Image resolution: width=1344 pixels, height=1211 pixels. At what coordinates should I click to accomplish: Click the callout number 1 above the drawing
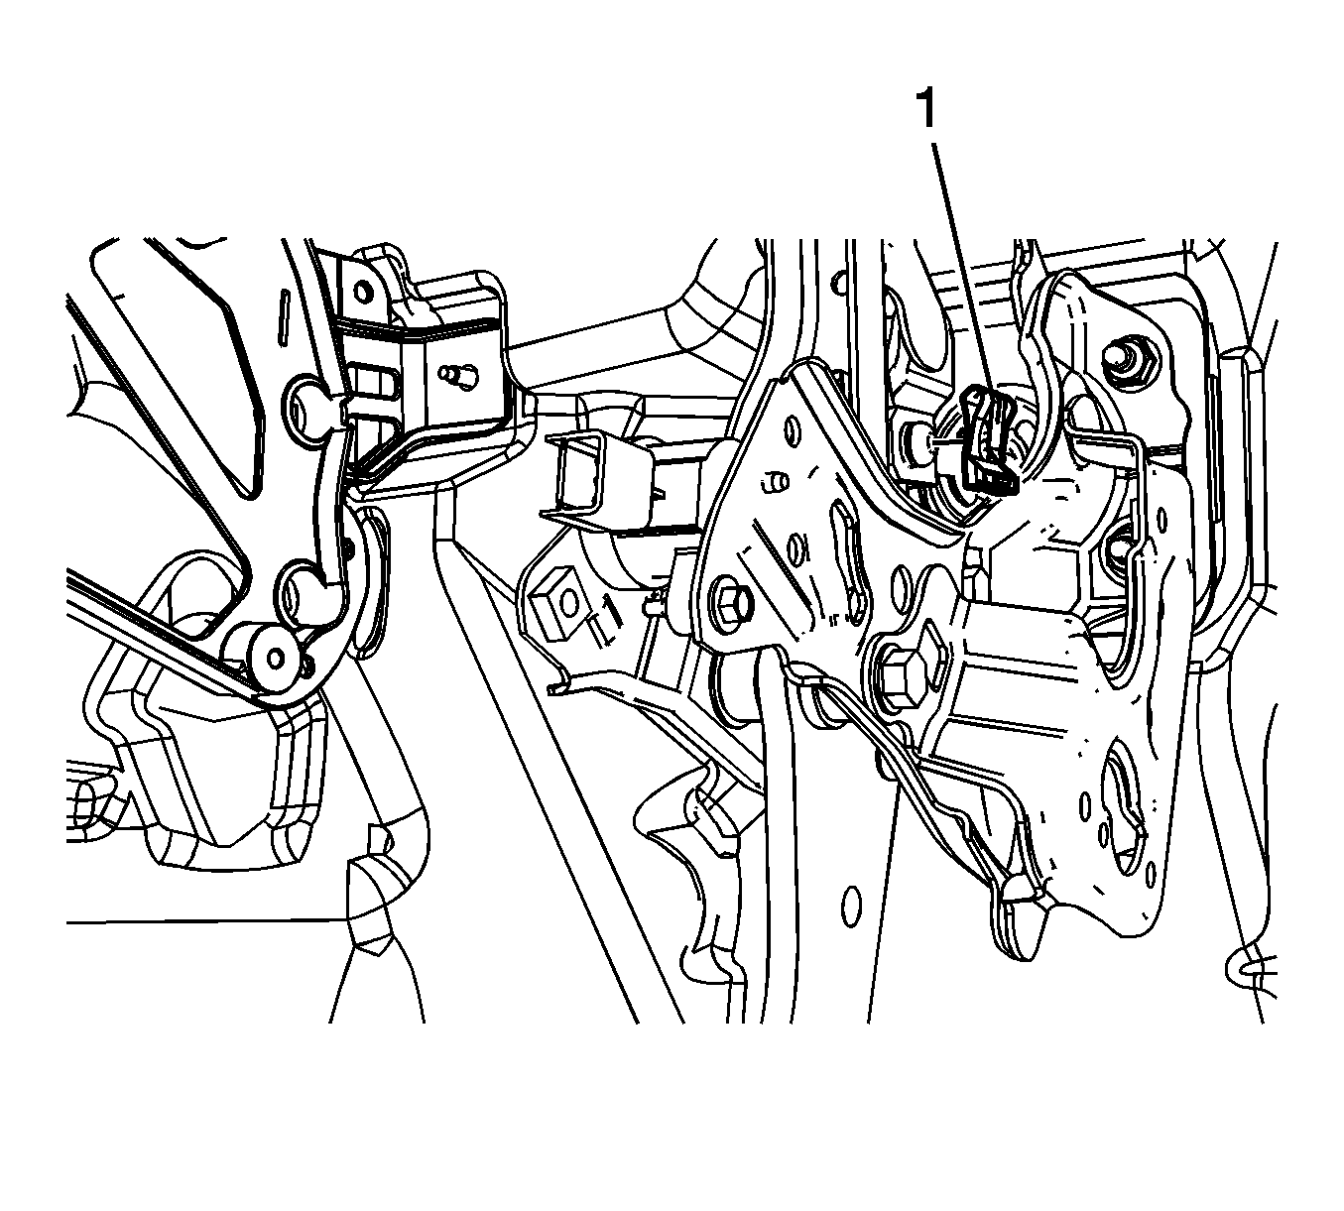(927, 110)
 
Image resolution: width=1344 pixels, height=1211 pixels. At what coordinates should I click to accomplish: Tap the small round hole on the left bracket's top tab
(363, 293)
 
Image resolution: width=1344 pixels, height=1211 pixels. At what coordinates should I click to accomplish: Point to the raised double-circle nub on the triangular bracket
(776, 482)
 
